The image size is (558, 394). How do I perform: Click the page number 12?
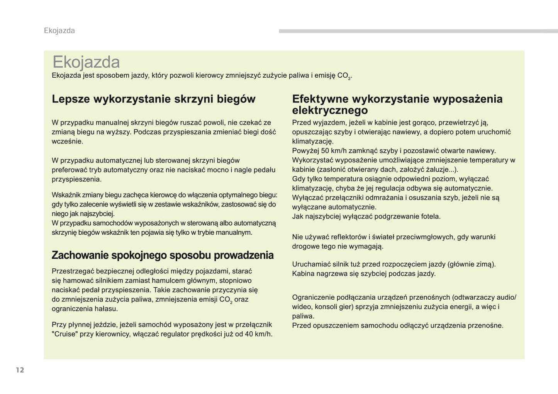pyautogui.click(x=20, y=370)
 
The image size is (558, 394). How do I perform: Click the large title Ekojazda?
pyautogui.click(x=86, y=62)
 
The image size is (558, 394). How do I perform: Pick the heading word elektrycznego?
pyautogui.click(x=330, y=111)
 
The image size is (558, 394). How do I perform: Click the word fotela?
pyautogui.click(x=431, y=217)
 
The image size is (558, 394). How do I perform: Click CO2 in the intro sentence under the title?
pyautogui.click(x=344, y=76)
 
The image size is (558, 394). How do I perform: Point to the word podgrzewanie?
pyautogui.click(x=390, y=217)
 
